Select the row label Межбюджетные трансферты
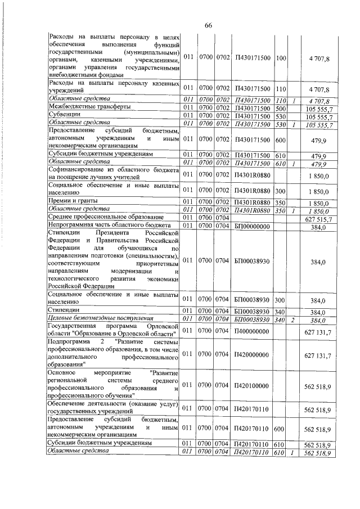click(x=82, y=106)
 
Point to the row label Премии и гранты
click(x=74, y=201)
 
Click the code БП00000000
click(x=251, y=227)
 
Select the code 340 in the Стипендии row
click(x=281, y=312)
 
